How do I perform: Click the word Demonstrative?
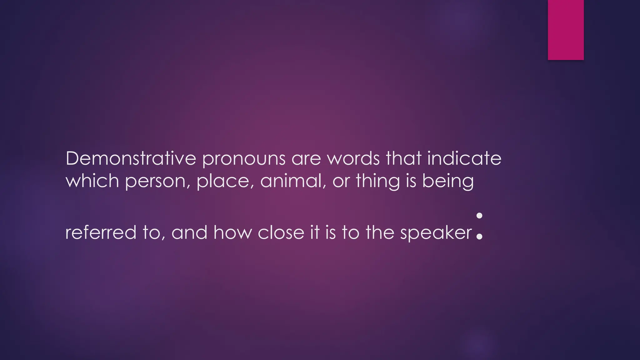pos(131,158)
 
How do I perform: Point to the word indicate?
pos(464,158)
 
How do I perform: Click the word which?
pos(92,181)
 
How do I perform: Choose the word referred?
pos(101,232)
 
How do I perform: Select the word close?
pos(281,232)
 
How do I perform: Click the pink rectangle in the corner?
pos(566,30)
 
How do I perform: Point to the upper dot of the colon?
pos(479,216)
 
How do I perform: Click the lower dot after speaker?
pos(479,237)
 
